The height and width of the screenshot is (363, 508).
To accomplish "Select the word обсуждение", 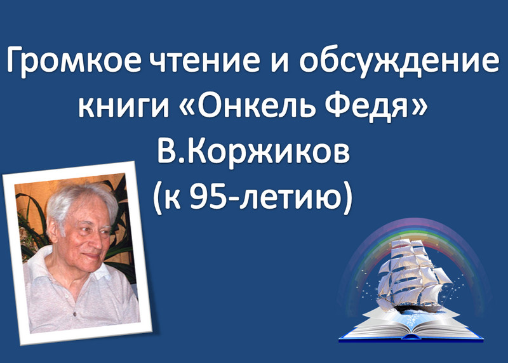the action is click(x=399, y=62).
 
